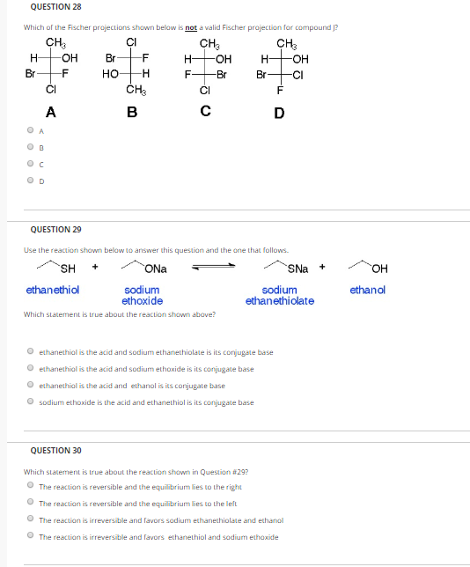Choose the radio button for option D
[x=31, y=181]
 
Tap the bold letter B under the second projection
[x=131, y=112]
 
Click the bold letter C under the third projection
[x=205, y=112]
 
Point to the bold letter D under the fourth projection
[x=279, y=112]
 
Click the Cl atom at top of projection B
[x=132, y=42]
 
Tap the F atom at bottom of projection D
[x=281, y=90]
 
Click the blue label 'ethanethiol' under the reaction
[x=53, y=290]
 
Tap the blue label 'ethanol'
[x=367, y=290]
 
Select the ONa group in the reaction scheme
[x=157, y=268]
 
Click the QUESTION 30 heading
[x=55, y=451]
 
